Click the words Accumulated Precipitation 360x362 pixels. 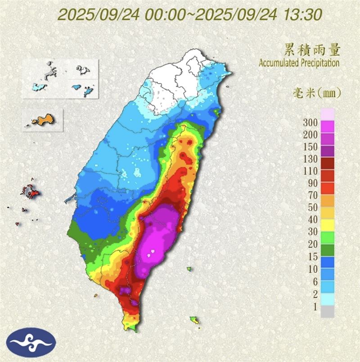(x=299, y=63)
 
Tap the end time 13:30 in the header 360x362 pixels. (x=303, y=14)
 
